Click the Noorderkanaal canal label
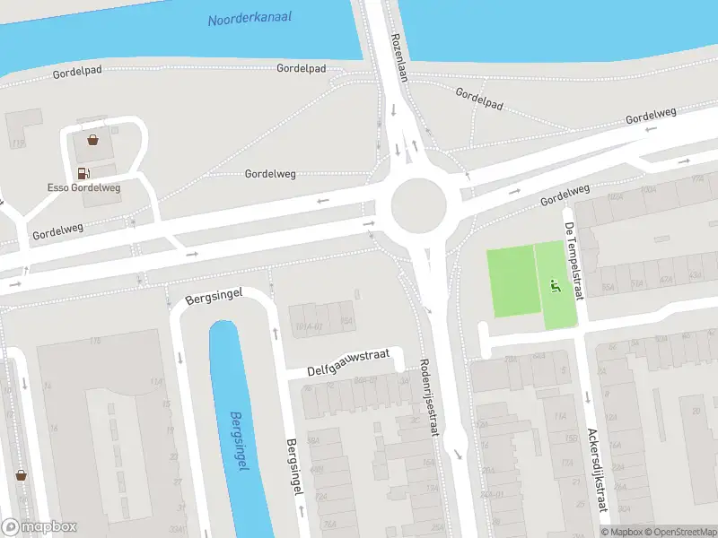pos(250,18)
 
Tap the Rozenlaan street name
pos(399,58)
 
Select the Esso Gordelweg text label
pos(83,187)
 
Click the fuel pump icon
pos(83,173)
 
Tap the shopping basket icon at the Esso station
pos(92,140)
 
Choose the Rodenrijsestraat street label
pos(428,398)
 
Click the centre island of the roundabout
pos(418,204)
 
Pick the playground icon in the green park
pos(555,287)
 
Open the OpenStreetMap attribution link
pos(679,532)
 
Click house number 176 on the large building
pos(94,341)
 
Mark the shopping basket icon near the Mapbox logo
pos(21,475)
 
